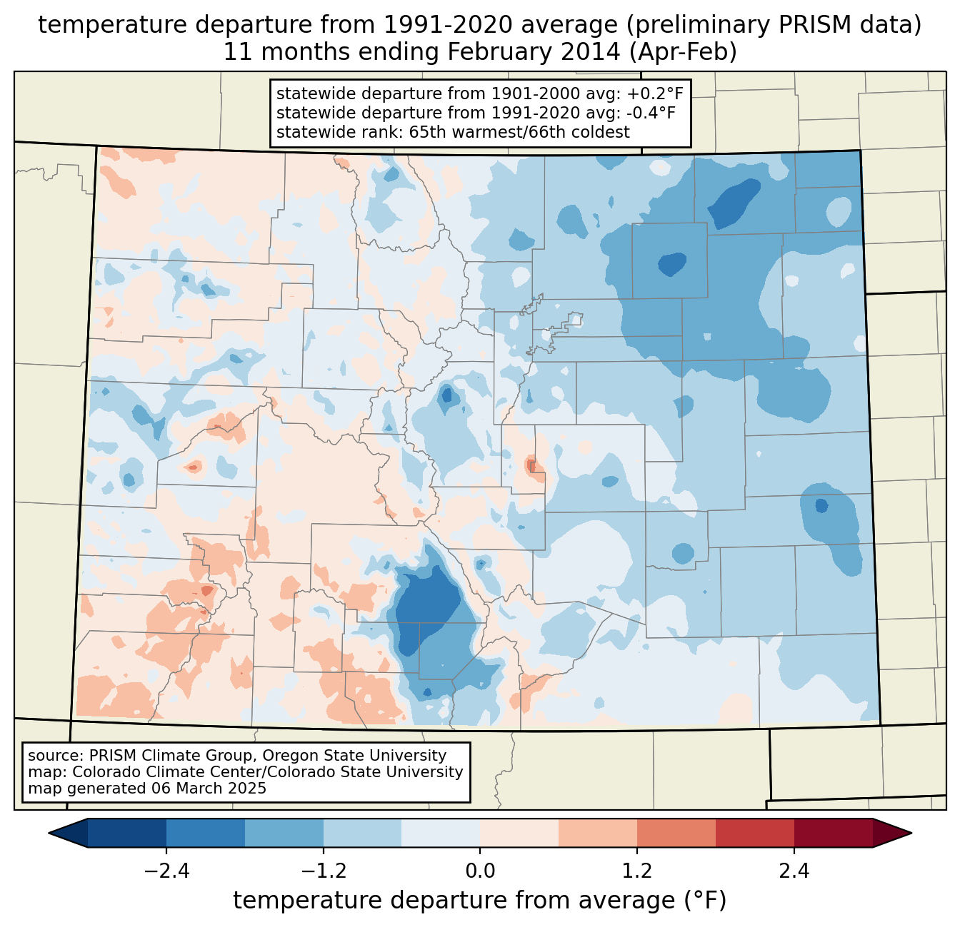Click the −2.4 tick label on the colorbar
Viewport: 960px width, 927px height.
[166, 871]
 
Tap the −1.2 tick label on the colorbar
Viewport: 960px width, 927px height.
[323, 871]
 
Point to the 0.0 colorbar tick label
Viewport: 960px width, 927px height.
[480, 871]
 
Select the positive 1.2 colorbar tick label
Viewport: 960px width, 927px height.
[637, 871]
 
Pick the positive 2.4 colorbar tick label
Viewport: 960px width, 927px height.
[794, 871]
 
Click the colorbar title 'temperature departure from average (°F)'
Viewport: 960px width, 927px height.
[480, 901]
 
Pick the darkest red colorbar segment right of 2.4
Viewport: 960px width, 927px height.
[833, 833]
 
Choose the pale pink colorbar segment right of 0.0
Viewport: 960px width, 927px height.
[519, 833]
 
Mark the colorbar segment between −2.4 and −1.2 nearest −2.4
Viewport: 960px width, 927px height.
[206, 833]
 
